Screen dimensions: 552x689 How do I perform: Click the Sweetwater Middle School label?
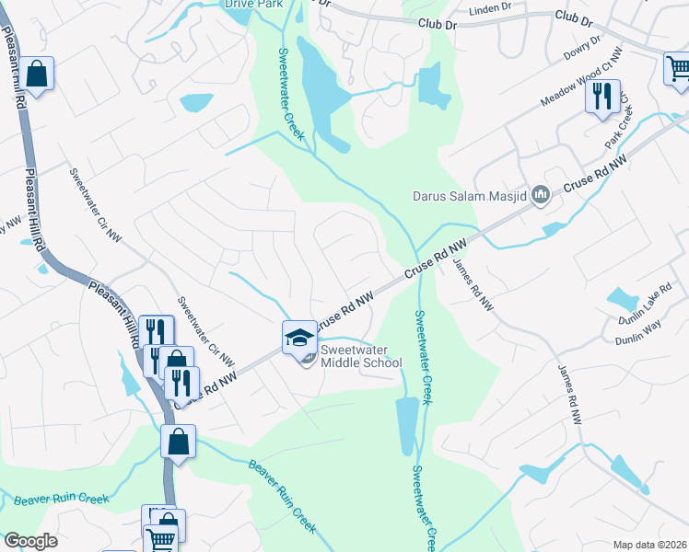(x=361, y=356)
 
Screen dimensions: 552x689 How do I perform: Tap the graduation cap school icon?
(x=299, y=338)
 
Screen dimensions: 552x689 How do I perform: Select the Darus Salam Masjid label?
(x=470, y=194)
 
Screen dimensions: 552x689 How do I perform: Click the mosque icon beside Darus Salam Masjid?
(x=541, y=194)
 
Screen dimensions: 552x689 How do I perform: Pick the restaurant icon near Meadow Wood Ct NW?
(x=602, y=96)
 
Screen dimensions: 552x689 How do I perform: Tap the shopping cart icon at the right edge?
(x=678, y=68)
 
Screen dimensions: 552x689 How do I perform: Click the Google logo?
(x=30, y=541)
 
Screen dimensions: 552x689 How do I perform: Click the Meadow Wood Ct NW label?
(x=578, y=84)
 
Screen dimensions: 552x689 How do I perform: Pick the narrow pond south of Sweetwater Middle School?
(x=405, y=424)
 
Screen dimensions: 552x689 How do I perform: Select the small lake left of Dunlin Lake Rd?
(x=623, y=298)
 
